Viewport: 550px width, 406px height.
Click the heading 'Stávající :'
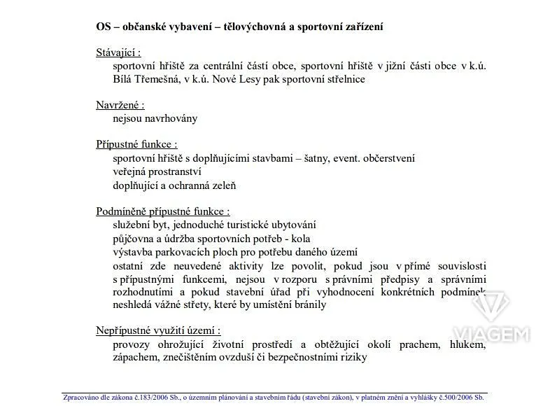[118, 52]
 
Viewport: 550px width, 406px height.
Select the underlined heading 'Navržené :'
[120, 105]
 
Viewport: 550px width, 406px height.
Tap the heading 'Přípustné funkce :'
[136, 144]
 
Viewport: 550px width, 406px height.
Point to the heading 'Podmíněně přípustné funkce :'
[163, 211]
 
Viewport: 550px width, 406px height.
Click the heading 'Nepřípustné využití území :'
[158, 330]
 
